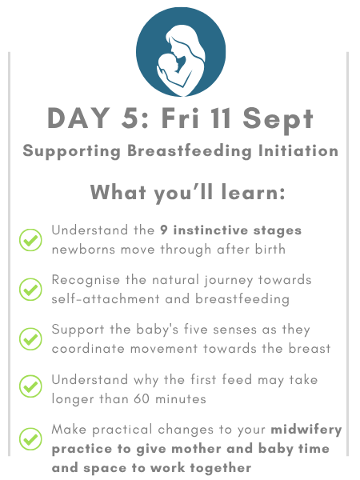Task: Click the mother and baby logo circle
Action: (x=181, y=52)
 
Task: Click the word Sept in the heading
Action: (x=278, y=120)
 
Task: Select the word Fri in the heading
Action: (x=180, y=118)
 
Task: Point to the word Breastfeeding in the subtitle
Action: (x=190, y=151)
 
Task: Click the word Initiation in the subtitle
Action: (x=298, y=150)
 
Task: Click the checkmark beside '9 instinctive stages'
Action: (x=30, y=240)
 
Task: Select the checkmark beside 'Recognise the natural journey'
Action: (x=30, y=290)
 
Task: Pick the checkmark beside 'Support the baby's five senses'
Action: (x=30, y=339)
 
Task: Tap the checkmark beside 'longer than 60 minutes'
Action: (x=30, y=386)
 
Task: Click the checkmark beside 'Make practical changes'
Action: (x=30, y=438)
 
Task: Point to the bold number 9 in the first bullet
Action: (x=164, y=230)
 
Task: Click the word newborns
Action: (x=83, y=250)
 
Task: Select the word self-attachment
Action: (x=106, y=298)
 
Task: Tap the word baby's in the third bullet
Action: (x=157, y=330)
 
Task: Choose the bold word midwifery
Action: (x=306, y=430)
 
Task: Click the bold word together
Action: (x=221, y=468)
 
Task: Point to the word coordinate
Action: (x=88, y=349)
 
